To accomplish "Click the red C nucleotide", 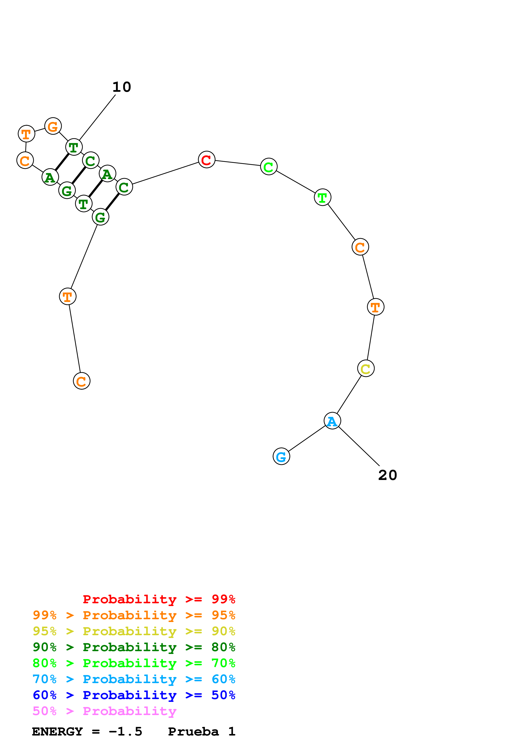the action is [207, 160].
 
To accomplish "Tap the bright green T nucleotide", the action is [322, 197].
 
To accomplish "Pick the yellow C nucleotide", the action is [366, 369].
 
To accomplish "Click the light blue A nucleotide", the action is [332, 421].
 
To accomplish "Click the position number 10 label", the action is [122, 87].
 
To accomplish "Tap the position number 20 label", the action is [387, 475].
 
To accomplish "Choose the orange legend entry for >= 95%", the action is [134, 615].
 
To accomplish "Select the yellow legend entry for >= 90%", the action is [134, 631].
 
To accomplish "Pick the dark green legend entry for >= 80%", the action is [134, 647].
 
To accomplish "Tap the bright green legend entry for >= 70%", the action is [134, 663].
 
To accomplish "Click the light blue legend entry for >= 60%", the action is [134, 679].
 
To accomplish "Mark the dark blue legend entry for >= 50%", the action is [134, 695].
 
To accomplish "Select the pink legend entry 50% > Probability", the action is [104, 711].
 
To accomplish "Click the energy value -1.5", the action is [126, 731].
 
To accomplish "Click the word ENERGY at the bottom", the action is [57, 731].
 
